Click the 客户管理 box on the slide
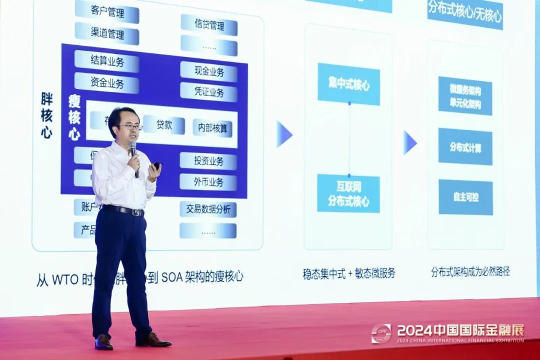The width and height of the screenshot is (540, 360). [x=107, y=12]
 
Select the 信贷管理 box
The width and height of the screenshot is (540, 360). [x=209, y=25]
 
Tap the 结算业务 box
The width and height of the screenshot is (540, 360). [x=106, y=61]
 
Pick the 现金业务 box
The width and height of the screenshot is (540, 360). [x=208, y=71]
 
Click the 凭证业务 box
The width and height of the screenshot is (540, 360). [x=208, y=92]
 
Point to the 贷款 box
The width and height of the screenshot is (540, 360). [x=164, y=125]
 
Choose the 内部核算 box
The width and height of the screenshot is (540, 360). [x=212, y=127]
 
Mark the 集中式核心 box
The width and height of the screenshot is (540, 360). [x=348, y=84]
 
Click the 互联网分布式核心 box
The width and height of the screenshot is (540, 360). [x=348, y=193]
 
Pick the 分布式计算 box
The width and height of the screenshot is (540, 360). [x=465, y=146]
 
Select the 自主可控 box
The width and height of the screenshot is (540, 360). [x=465, y=197]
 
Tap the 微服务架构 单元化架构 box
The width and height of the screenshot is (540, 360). [x=465, y=96]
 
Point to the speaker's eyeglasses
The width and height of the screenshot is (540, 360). [x=131, y=127]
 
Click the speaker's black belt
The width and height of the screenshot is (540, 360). [x=124, y=210]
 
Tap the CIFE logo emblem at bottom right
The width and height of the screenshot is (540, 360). [x=381, y=333]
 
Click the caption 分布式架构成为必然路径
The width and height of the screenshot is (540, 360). [x=470, y=272]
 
